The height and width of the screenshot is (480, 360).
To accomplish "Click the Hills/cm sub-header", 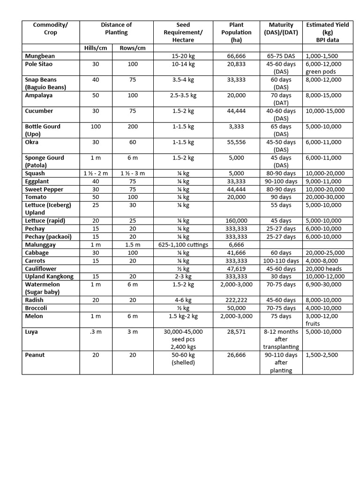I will (96, 48).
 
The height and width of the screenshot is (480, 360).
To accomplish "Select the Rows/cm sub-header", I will (133, 48).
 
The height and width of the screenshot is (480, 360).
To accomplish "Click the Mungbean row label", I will (40, 56).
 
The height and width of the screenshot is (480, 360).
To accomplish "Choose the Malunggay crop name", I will (41, 245).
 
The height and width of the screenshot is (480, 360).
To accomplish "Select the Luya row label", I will (32, 331).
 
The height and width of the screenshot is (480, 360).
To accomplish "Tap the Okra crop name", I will (32, 142).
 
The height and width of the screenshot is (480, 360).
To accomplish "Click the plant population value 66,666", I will (236, 56).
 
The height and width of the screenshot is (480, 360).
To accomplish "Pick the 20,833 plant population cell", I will (236, 64).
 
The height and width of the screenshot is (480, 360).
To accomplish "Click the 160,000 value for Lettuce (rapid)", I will (236, 221).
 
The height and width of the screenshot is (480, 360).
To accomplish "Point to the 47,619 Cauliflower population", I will (236, 269).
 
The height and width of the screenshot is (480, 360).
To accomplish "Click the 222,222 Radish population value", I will (236, 300).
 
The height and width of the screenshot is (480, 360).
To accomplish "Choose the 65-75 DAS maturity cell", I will (281, 56).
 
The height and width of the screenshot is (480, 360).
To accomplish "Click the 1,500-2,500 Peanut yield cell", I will (322, 355).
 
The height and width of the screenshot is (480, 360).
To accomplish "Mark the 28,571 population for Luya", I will (236, 331).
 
